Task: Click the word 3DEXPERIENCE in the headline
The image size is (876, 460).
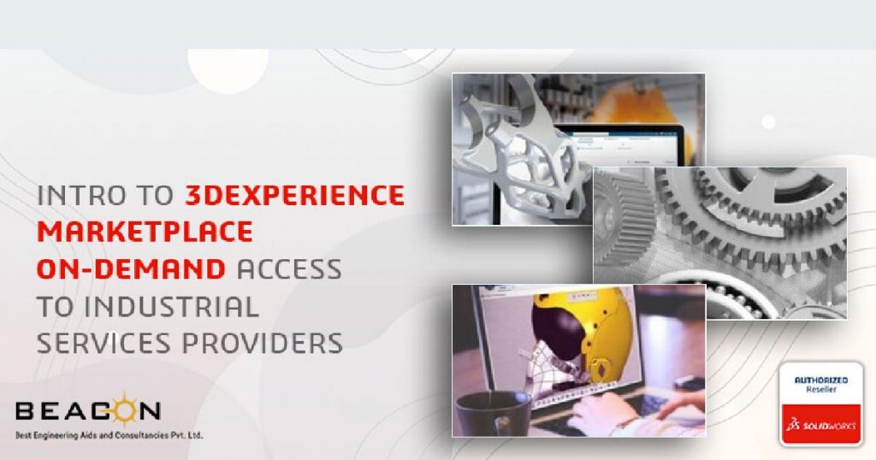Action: (294, 195)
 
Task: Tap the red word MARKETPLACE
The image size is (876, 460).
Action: (145, 232)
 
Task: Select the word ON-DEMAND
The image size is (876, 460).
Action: (131, 269)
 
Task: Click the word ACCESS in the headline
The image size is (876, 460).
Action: (289, 269)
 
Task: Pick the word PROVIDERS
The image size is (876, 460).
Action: (263, 344)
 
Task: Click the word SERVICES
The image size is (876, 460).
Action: (104, 344)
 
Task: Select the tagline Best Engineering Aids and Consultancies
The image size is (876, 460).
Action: (109, 435)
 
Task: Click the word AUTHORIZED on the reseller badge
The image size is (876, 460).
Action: (820, 380)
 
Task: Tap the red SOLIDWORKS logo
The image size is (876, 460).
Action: (820, 425)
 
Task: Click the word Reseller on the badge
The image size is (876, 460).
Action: (820, 389)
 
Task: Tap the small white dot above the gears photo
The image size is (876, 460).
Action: (769, 121)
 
